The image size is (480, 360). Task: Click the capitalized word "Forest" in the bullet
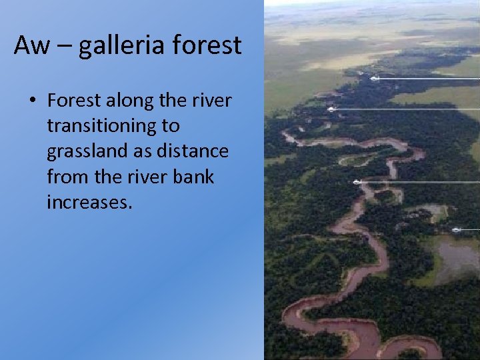pos(73,101)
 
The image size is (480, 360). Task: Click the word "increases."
pos(89,202)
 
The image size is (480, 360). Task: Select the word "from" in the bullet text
pos(65,177)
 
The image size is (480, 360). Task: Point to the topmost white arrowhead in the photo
pos(374,78)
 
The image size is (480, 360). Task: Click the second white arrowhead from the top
pos(331,109)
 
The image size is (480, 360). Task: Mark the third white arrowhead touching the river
pos(357,181)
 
